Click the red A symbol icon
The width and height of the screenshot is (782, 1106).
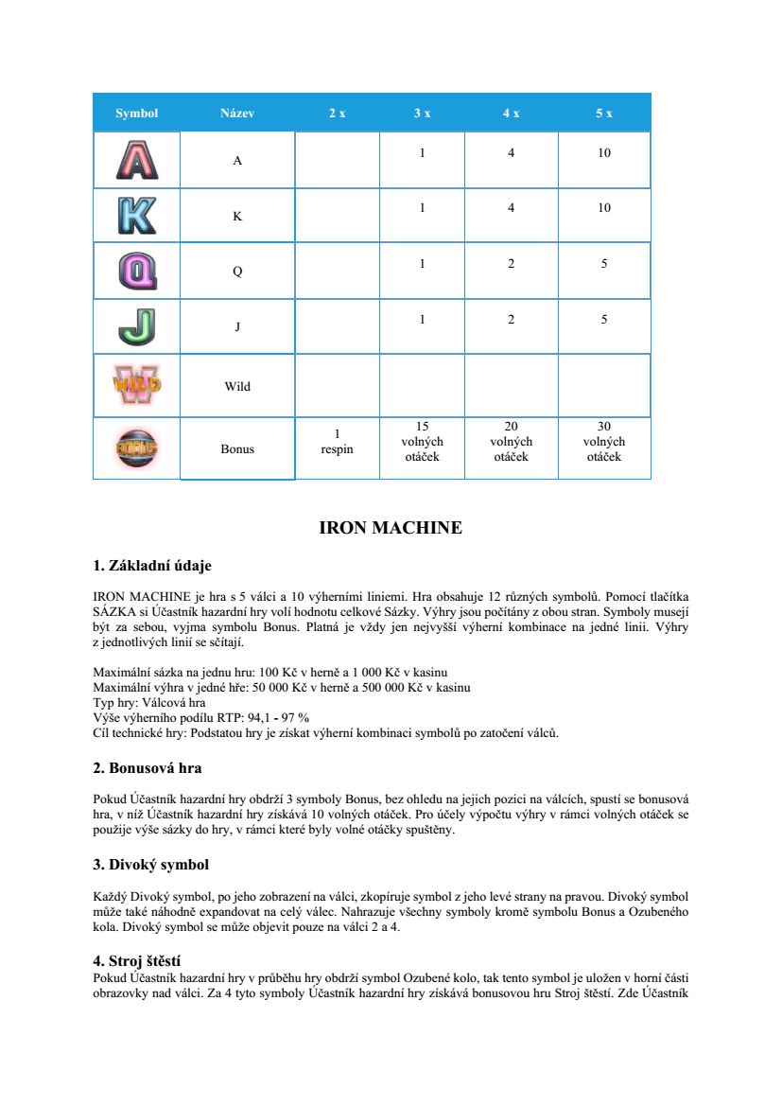coord(137,160)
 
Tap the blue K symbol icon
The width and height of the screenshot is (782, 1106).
coord(137,216)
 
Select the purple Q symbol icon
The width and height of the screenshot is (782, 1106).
coord(137,272)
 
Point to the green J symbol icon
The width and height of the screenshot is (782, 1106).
coord(137,327)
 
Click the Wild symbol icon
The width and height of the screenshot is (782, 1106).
coord(137,385)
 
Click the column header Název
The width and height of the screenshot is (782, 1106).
coord(237,113)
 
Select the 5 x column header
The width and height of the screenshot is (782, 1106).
coord(604,113)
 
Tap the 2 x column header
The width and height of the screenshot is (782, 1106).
coord(338,113)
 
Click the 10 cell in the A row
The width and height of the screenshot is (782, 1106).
coord(604,152)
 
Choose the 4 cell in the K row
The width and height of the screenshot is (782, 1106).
coord(511,208)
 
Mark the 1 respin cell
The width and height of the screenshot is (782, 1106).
coord(337,442)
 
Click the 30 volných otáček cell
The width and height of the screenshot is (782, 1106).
coord(604,442)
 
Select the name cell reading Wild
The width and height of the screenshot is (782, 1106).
coord(237,386)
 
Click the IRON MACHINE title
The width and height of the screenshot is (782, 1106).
coord(391,528)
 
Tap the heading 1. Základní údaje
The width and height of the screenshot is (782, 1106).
coord(152,566)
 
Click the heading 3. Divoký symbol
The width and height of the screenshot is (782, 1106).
coord(150,865)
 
